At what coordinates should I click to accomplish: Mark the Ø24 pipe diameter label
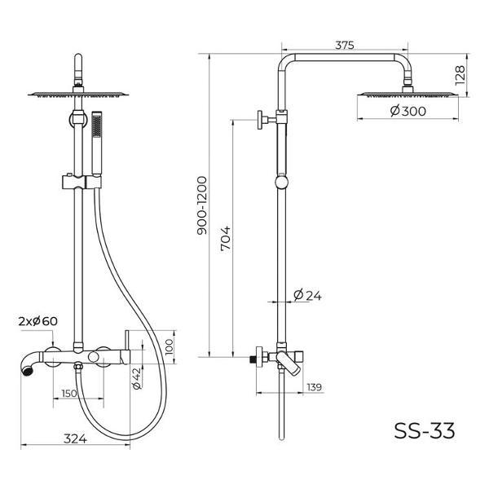click(307, 295)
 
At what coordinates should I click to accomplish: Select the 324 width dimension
click(75, 438)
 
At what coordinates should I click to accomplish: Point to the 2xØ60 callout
click(38, 320)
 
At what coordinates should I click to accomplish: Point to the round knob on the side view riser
click(282, 182)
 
